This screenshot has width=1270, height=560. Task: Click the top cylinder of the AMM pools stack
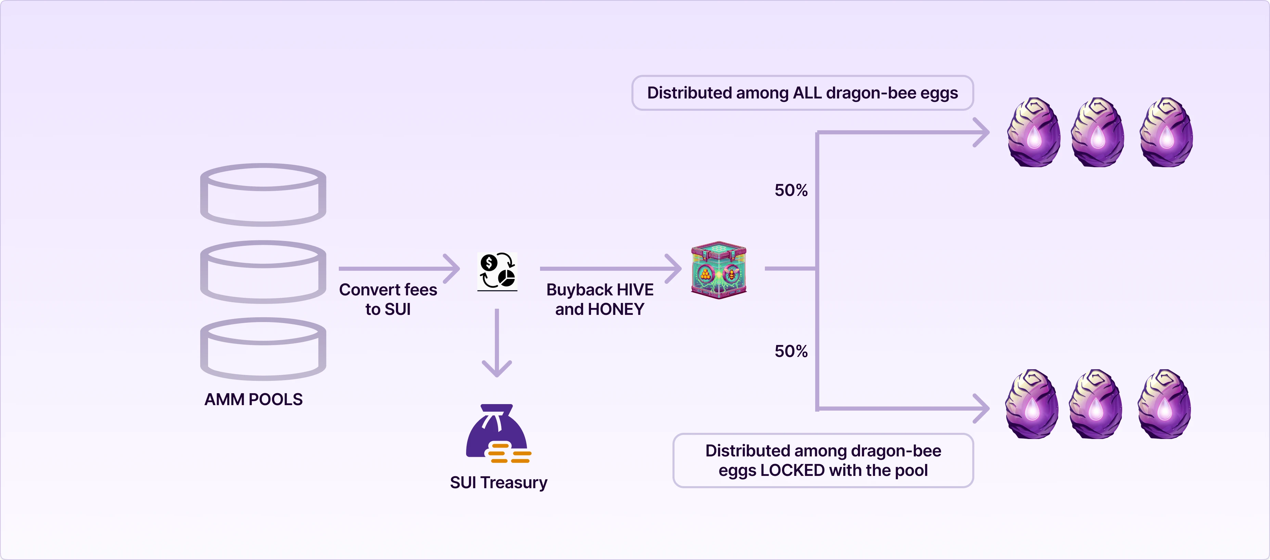[263, 195]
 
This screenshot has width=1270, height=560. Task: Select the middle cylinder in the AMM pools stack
[263, 271]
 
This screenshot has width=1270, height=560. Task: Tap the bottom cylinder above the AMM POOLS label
[263, 349]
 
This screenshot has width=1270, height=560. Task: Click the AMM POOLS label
[253, 399]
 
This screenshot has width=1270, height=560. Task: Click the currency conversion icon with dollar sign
[497, 271]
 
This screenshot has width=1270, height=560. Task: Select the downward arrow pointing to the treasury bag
[497, 345]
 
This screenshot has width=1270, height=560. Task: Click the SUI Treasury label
[498, 483]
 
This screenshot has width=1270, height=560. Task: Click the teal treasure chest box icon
[719, 270]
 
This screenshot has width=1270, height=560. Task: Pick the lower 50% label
[791, 351]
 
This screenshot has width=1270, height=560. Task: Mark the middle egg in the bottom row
[1095, 404]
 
